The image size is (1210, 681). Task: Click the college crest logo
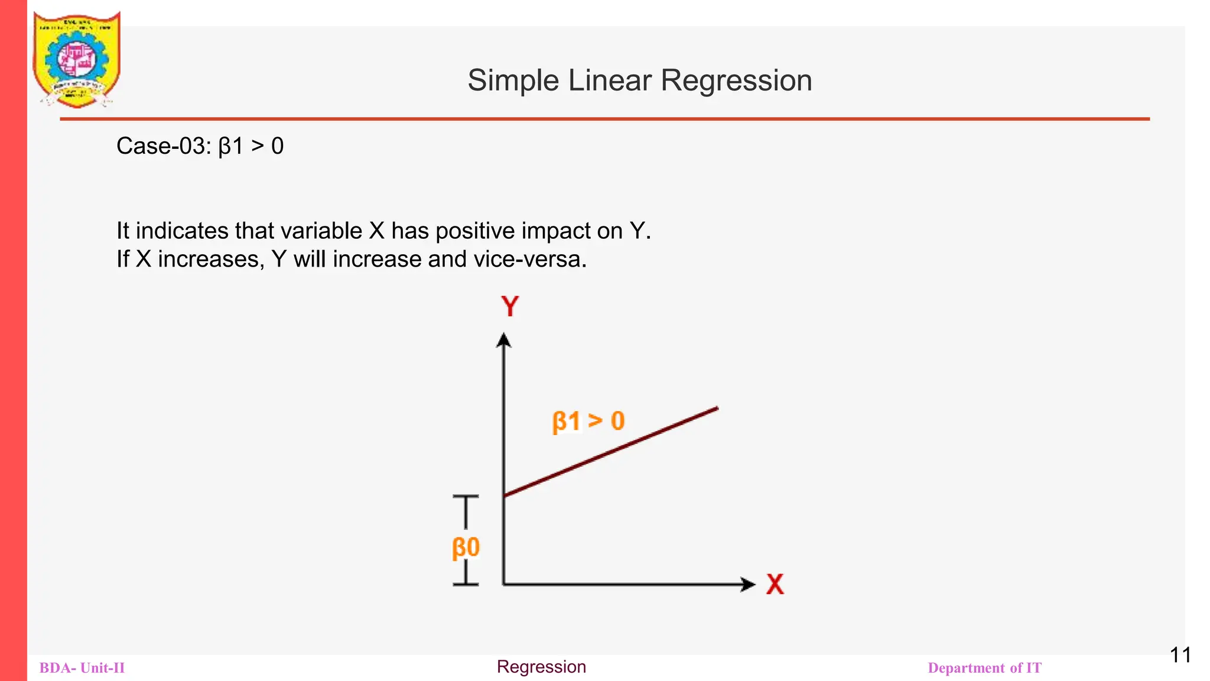pos(77,59)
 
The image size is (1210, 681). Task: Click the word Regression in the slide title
pos(736,80)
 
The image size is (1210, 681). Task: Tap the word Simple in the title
pos(512,80)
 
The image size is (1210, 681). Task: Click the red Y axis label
pos(510,307)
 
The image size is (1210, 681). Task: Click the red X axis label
pos(775,584)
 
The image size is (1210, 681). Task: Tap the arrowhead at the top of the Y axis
pos(503,340)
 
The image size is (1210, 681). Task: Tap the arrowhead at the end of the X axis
pos(748,584)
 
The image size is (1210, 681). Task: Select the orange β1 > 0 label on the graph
pos(588,421)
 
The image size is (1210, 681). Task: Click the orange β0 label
pos(466,547)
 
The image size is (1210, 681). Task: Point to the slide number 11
pos(1180,655)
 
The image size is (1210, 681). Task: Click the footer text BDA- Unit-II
pos(82,668)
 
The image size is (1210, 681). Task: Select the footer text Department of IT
pos(984,668)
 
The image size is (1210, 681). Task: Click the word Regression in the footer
pos(541,667)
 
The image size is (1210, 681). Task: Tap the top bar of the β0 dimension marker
pos(466,497)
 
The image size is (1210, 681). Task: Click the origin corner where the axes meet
pos(503,584)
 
